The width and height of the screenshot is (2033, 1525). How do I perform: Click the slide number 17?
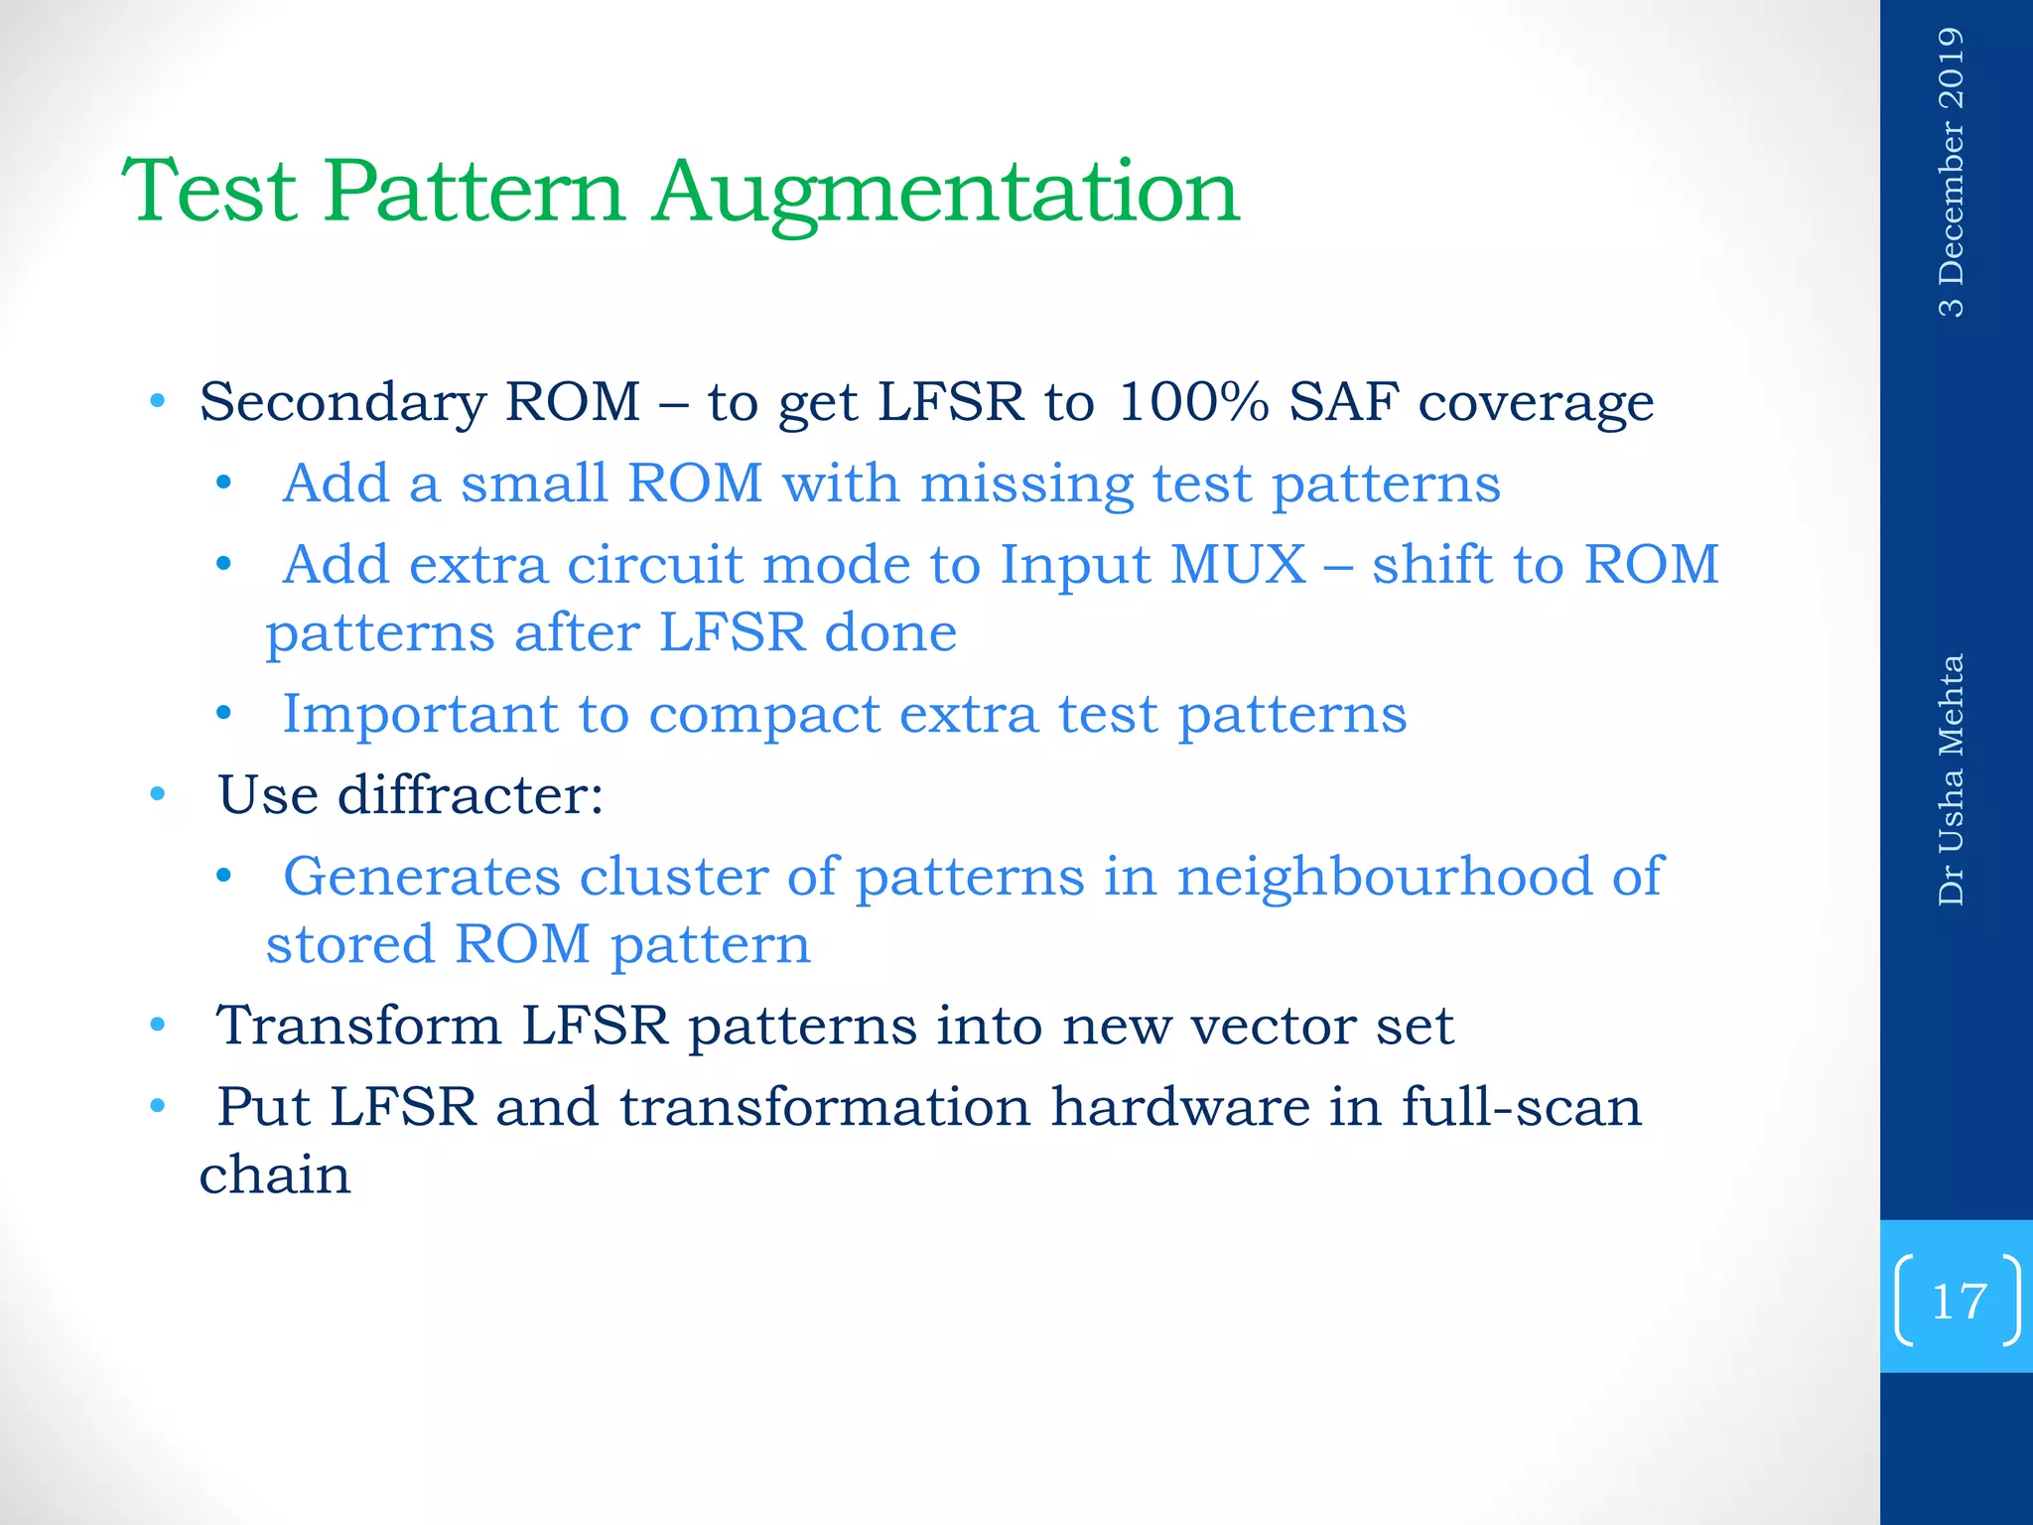click(1958, 1301)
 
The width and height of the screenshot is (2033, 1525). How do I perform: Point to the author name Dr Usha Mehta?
click(1951, 779)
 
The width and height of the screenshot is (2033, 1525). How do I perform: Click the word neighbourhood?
click(1385, 877)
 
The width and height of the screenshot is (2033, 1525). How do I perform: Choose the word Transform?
click(359, 1026)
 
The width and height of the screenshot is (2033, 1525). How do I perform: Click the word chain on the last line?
click(275, 1175)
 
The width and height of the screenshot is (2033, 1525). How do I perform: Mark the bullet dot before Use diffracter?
click(157, 794)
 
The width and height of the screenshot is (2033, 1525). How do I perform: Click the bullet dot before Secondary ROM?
click(157, 402)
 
